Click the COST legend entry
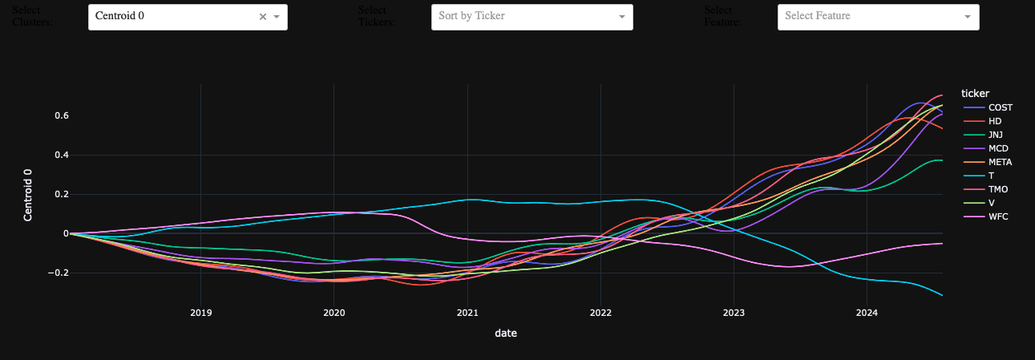[1000, 107]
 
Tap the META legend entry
[1001, 162]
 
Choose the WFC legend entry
[999, 216]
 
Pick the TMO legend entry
[999, 189]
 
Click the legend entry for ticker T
[991, 176]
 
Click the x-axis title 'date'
[506, 333]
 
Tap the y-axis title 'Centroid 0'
[28, 195]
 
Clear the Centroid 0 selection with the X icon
[262, 17]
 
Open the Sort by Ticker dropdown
[532, 17]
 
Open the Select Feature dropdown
[878, 17]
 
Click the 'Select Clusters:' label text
[33, 16]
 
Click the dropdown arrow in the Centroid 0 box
[277, 17]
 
